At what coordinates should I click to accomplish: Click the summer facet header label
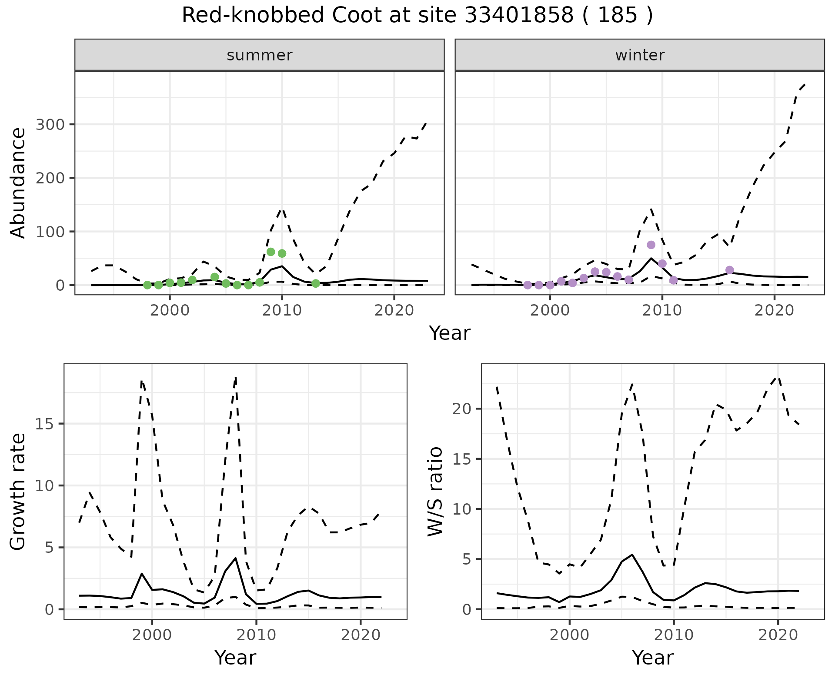click(x=260, y=55)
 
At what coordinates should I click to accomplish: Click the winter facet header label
click(x=640, y=55)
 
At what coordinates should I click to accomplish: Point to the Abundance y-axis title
click(x=18, y=183)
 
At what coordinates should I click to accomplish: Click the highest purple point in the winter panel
click(x=651, y=245)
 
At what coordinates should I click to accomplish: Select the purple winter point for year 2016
click(x=730, y=270)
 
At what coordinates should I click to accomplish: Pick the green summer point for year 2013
click(x=316, y=283)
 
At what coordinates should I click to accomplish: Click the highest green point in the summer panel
click(x=271, y=252)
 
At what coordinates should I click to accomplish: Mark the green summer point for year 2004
click(x=214, y=277)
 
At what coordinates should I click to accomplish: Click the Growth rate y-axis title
click(x=18, y=492)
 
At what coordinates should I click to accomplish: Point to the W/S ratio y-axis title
click(x=435, y=492)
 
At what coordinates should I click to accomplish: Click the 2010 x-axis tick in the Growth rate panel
click(x=256, y=635)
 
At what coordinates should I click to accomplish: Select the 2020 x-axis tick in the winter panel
click(x=774, y=310)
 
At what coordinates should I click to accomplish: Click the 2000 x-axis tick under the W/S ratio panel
click(x=569, y=635)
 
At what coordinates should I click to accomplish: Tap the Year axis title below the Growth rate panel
click(x=235, y=658)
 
